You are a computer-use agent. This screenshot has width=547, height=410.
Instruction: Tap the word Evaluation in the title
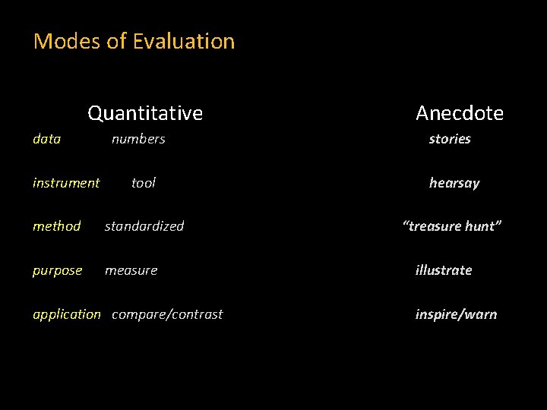coord(183,41)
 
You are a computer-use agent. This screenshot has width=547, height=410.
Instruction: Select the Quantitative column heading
coord(145,113)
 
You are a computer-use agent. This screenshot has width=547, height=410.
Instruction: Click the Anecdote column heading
coord(460,113)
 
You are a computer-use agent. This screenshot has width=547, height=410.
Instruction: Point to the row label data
coord(47,139)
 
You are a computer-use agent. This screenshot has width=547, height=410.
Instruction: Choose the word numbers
coord(138,139)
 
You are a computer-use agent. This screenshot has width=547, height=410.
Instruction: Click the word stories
coord(450,139)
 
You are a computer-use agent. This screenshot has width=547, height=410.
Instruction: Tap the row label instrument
coord(66,183)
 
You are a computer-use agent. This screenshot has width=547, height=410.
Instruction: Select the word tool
coord(144,183)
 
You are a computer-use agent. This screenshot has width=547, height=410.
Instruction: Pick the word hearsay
coord(454,183)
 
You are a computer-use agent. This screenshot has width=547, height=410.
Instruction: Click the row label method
coord(57,226)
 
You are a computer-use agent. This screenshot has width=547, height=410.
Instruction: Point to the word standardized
coord(144,226)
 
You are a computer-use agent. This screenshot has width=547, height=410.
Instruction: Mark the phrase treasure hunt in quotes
coord(453,226)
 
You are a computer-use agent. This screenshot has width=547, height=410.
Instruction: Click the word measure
coord(131,270)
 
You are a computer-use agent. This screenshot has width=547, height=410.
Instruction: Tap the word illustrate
coord(444,270)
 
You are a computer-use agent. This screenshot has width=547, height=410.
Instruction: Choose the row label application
coord(67,314)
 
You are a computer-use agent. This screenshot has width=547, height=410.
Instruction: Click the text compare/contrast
coord(167,314)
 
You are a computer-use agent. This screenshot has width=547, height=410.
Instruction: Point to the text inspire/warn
coord(456,314)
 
